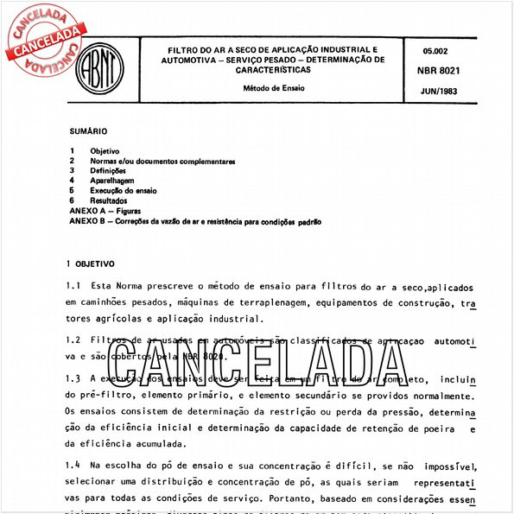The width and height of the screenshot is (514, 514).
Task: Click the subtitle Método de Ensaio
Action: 272,88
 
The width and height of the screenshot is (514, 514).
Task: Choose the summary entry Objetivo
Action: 105,151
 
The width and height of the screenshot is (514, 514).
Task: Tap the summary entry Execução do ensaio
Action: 124,190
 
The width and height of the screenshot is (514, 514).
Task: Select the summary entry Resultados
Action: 109,200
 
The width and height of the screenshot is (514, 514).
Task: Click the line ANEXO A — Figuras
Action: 105,211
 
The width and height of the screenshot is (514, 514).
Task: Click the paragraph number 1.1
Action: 73,286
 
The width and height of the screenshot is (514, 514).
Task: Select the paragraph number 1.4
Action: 73,465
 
